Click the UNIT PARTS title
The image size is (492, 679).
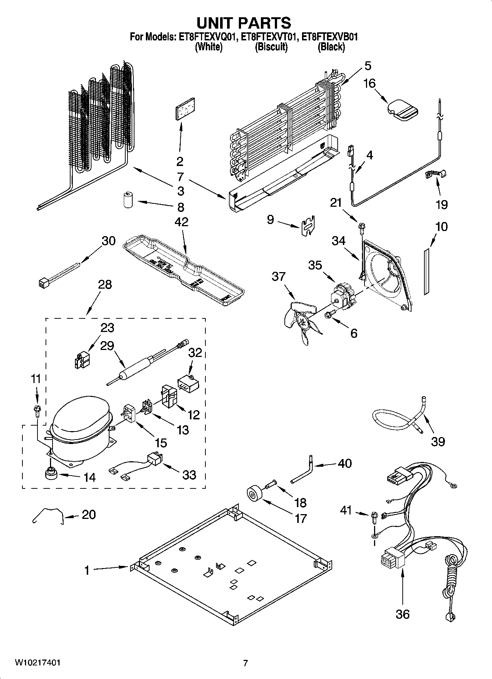(x=244, y=23)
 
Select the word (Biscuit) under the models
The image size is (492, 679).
(x=271, y=47)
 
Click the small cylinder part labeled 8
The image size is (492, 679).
(x=128, y=199)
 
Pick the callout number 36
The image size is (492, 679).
(x=402, y=614)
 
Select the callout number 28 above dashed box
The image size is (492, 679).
(x=105, y=285)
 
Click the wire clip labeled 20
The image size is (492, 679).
(x=48, y=514)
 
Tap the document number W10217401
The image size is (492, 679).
(x=38, y=663)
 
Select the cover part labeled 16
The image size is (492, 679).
(x=402, y=109)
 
